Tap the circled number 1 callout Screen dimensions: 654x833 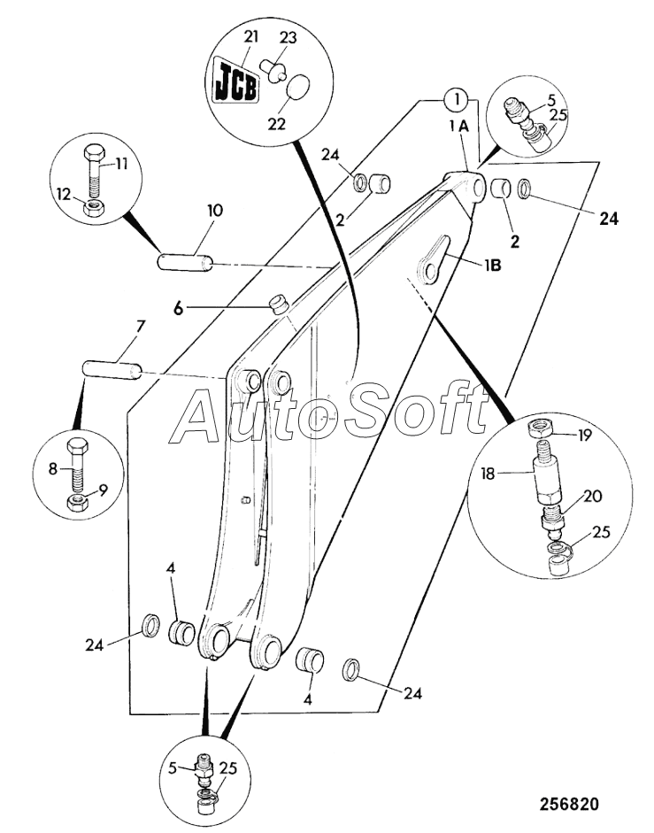(457, 99)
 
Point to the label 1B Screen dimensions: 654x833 (493, 265)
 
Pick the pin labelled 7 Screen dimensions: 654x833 (112, 370)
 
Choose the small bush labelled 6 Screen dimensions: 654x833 (279, 305)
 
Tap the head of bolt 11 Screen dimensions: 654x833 (94, 152)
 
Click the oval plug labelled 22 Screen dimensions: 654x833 (298, 87)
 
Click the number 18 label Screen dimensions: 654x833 (489, 473)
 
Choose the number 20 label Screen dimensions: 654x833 (593, 497)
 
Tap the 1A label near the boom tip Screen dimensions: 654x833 (459, 126)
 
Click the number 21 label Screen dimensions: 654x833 (250, 36)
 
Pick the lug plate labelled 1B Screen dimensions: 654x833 (435, 258)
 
